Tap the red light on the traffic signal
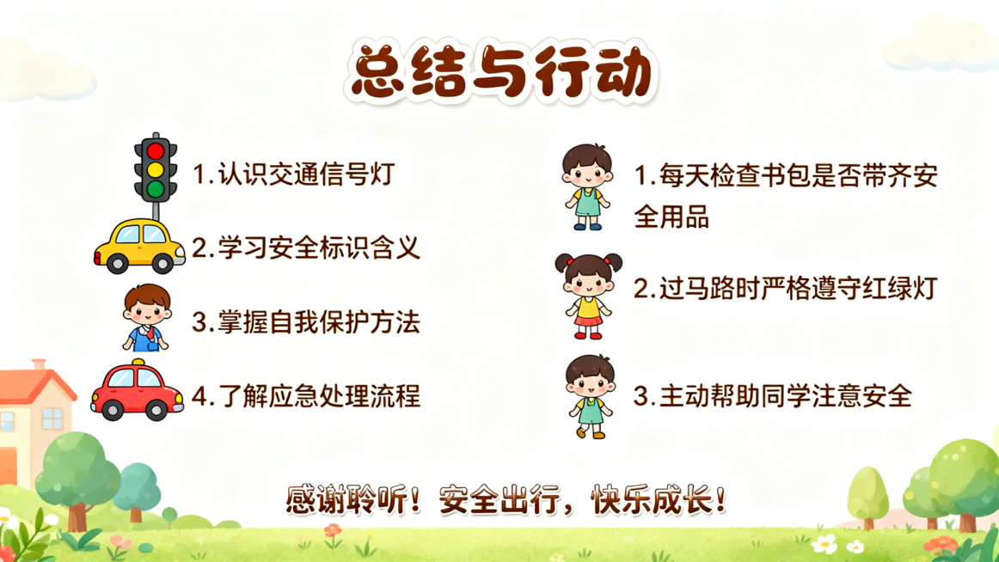[156, 152]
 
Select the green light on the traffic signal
[156, 188]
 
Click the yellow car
[139, 247]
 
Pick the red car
[138, 392]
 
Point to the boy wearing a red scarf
[146, 318]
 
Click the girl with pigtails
[587, 295]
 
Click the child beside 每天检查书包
[587, 186]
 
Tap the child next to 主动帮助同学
[590, 396]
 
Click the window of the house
[52, 418]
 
